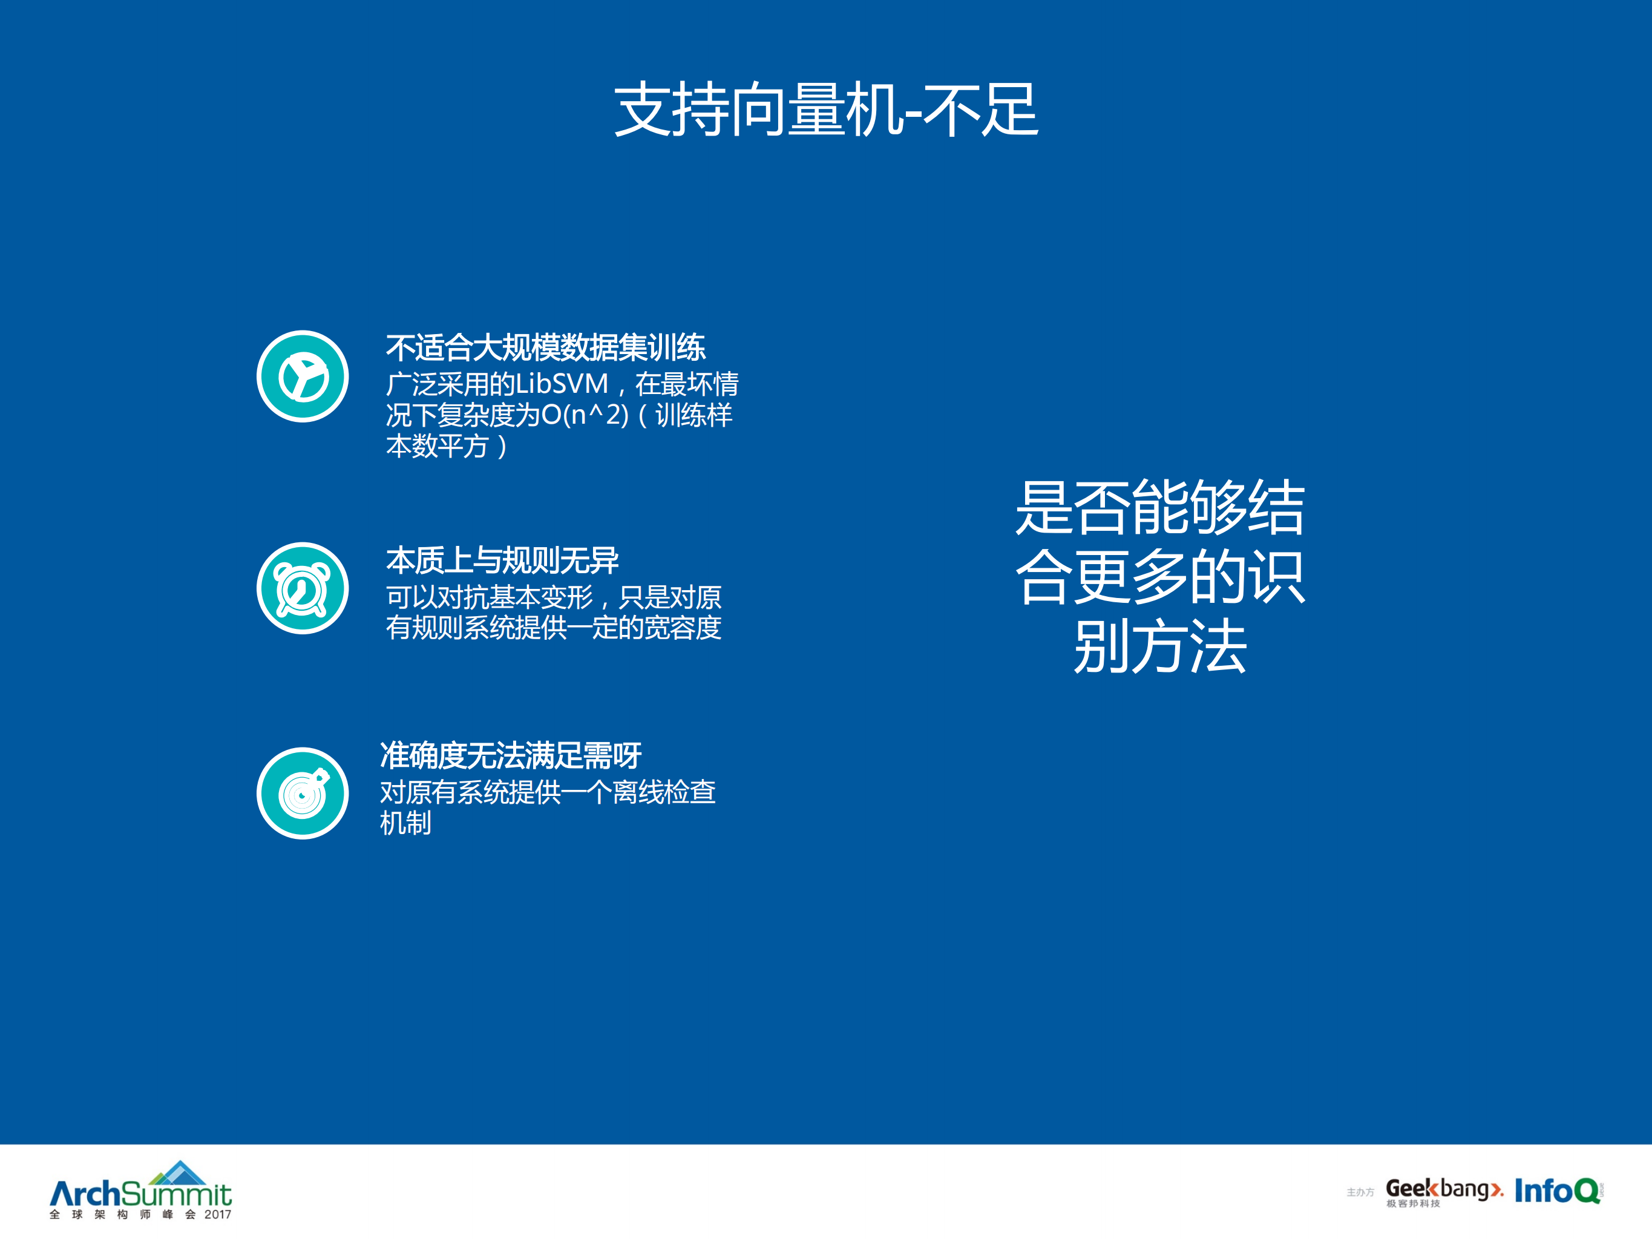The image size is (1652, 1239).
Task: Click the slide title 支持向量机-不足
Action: pos(826,110)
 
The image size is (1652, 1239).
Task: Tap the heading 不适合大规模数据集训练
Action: pos(545,348)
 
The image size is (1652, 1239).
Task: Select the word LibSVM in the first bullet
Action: pos(562,384)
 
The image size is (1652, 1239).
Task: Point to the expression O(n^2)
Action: pos(585,415)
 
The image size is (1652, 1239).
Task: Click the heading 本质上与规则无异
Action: pos(502,560)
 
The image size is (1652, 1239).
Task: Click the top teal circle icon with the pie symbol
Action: pos(303,376)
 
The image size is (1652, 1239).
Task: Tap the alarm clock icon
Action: pos(303,588)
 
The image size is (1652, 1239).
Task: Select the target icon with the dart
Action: pos(303,793)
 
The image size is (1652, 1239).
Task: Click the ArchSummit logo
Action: pos(140,1192)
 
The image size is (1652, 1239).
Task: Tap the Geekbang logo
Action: pos(1443,1188)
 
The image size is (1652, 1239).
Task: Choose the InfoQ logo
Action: pos(1557,1191)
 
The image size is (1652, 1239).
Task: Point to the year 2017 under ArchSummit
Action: pos(217,1214)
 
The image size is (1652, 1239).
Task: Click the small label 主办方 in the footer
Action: pos(1360,1192)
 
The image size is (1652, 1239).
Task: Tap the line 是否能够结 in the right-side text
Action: pos(1160,508)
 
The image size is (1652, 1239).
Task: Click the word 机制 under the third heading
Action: pos(405,823)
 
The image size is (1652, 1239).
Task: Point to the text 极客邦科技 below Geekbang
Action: pos(1413,1204)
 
